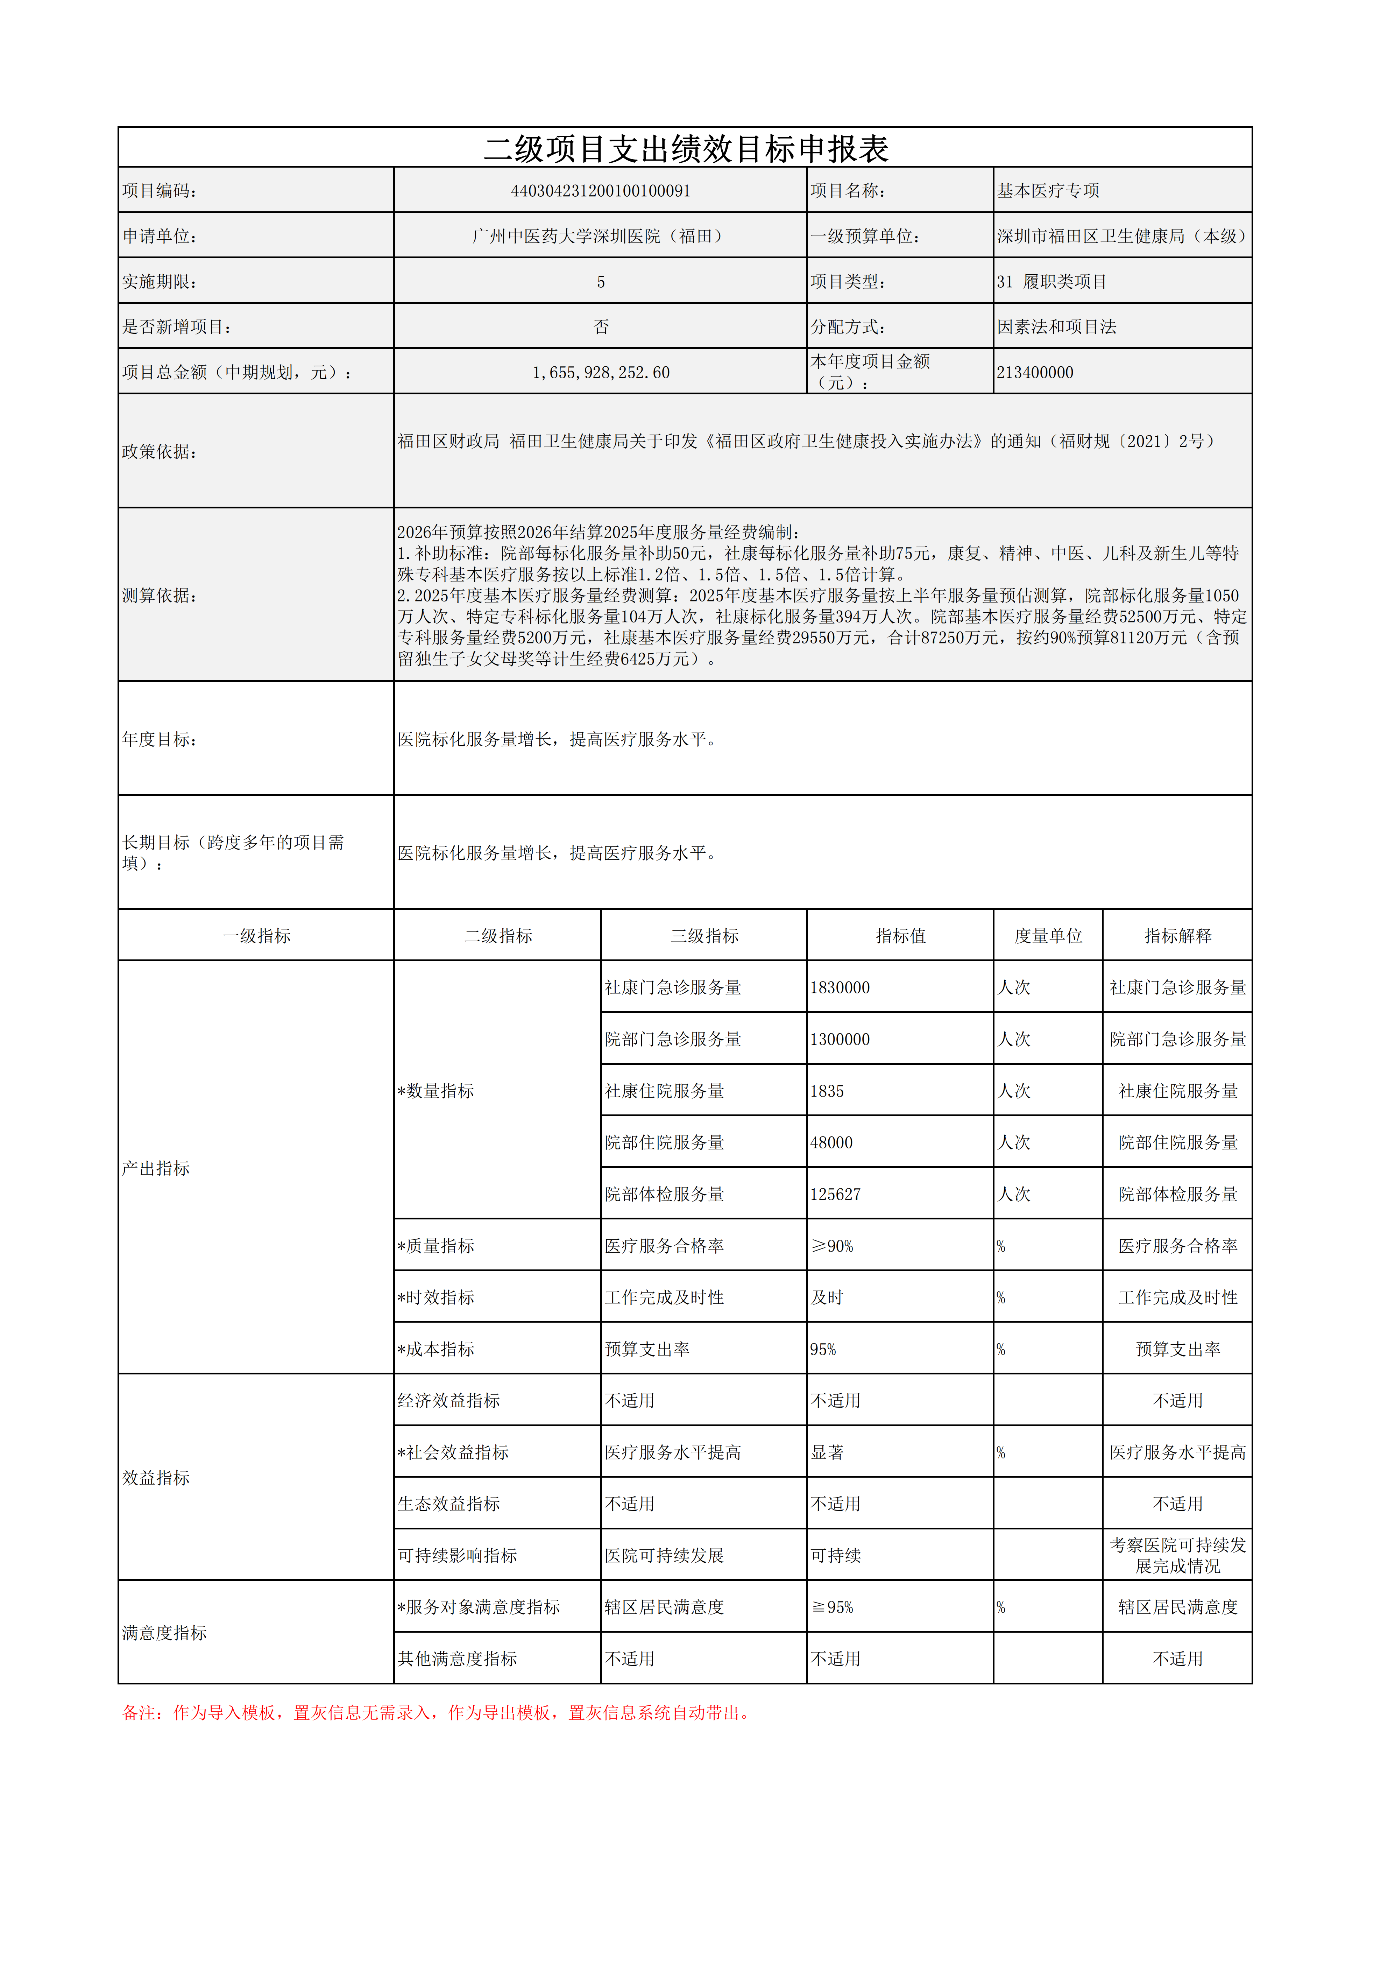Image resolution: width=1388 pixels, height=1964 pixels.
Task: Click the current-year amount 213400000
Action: (x=1035, y=372)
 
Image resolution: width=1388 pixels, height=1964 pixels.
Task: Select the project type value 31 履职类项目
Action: (x=1052, y=281)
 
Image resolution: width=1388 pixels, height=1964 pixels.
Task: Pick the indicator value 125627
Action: (x=836, y=1194)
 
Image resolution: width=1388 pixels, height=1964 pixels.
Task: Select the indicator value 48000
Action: (x=831, y=1143)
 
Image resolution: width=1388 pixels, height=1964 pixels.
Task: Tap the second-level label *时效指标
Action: (x=435, y=1298)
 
